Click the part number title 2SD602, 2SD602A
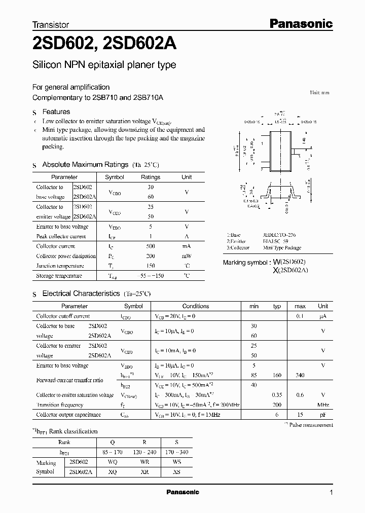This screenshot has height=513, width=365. [104, 45]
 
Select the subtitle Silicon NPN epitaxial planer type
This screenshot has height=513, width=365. [104, 65]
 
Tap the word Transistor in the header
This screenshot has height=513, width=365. [51, 24]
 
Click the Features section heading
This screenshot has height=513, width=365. [56, 112]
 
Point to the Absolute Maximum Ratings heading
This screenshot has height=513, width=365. [85, 165]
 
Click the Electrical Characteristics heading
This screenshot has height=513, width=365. [81, 294]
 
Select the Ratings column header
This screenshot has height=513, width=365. [150, 177]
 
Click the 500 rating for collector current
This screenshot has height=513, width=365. [150, 246]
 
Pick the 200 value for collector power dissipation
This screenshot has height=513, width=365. [150, 256]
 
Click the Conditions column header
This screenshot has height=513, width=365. [196, 306]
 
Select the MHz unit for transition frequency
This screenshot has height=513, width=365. [323, 405]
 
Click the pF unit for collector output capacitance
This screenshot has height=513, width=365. [323, 415]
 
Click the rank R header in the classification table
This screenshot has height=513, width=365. [144, 443]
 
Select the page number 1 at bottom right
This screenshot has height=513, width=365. [331, 493]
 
